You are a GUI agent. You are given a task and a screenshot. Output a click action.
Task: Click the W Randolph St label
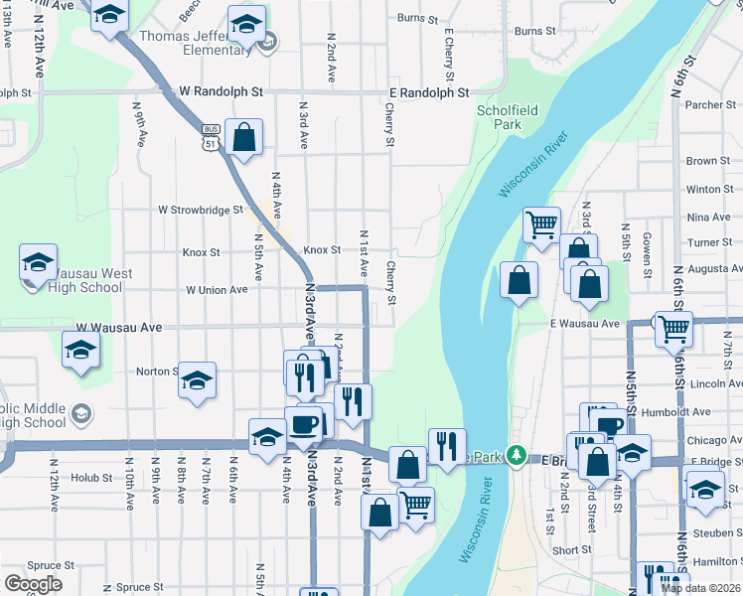[x=221, y=91]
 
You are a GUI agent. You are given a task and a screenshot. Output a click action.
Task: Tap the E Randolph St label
[x=429, y=92]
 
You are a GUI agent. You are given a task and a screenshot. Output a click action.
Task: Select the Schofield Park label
[x=500, y=118]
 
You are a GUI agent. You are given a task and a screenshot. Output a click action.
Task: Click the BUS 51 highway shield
[x=211, y=136]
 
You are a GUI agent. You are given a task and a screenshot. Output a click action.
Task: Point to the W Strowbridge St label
[x=201, y=210]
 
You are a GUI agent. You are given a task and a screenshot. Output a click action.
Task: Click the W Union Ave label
[x=217, y=290]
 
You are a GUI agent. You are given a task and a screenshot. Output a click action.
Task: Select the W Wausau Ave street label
[x=119, y=327]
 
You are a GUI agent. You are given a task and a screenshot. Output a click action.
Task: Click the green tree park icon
[x=515, y=456]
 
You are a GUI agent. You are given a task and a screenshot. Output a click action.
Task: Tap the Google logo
[x=33, y=584]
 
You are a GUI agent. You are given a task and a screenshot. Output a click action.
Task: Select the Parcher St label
[x=709, y=104]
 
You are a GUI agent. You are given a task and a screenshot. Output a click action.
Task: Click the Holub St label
[x=92, y=478]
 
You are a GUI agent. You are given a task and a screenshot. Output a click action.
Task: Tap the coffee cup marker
[x=304, y=424]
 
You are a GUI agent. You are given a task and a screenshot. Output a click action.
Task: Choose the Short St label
[x=571, y=549]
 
